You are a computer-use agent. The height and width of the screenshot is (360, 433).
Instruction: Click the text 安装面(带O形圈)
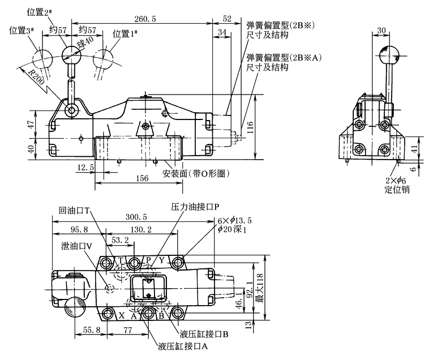pyautogui.click(x=195, y=174)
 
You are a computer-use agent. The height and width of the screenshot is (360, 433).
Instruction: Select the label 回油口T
pyautogui.click(x=74, y=209)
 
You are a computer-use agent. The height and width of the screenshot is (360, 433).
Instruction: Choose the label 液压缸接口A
pyautogui.click(x=183, y=345)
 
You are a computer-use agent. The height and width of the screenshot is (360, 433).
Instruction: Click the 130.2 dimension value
pyautogui.click(x=140, y=230)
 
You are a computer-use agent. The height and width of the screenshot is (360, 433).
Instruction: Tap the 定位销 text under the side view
pyautogui.click(x=396, y=188)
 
